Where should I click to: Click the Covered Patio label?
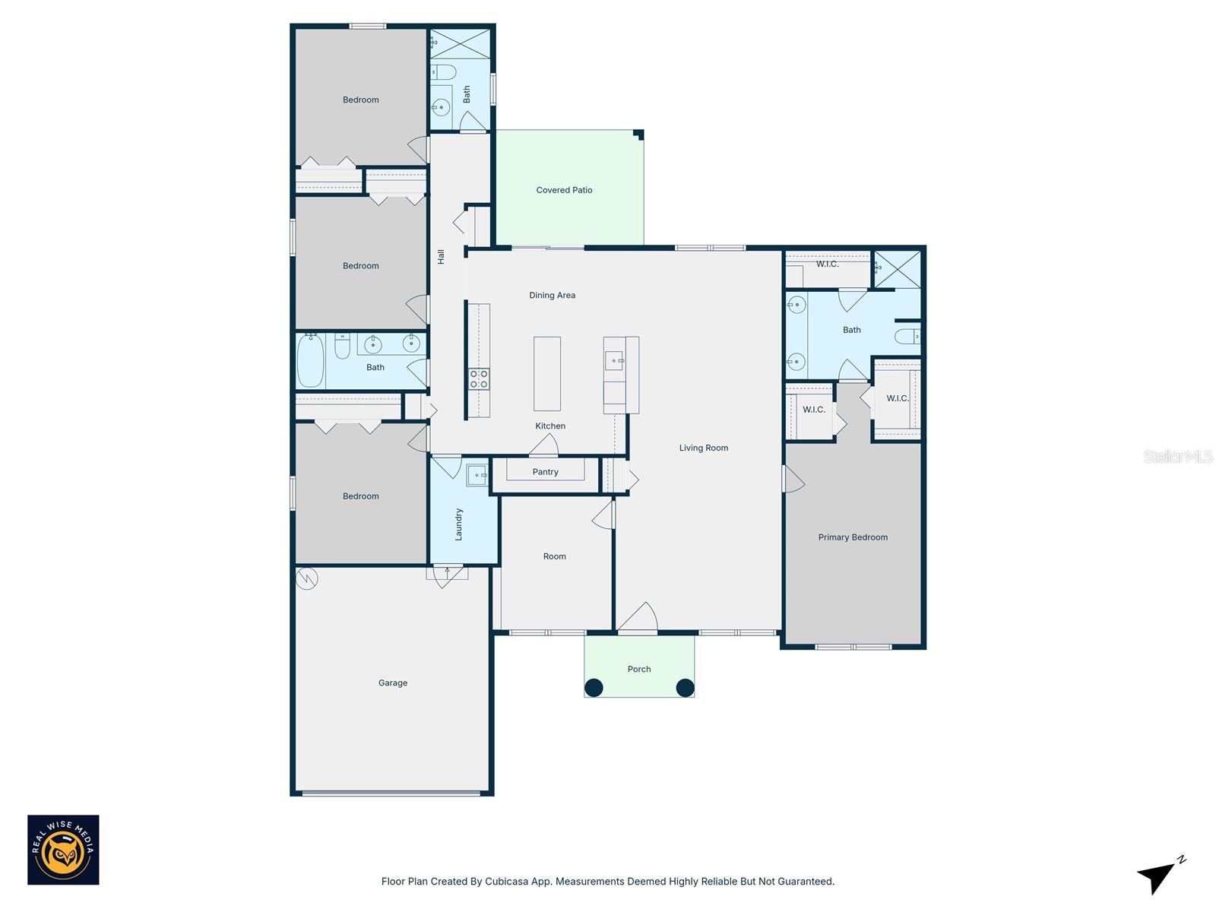564,190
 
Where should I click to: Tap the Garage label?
393,682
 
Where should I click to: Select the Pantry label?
545,472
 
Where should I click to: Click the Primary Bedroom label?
853,537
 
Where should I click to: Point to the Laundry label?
458,524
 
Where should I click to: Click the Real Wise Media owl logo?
63,850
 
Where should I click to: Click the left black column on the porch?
594,688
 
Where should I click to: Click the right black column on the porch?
685,688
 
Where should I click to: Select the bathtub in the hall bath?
310,361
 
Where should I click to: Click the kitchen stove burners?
479,378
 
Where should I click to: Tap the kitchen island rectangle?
547,374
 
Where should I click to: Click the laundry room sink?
477,475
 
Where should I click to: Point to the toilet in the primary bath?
907,336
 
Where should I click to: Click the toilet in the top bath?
443,73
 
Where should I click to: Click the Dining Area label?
552,295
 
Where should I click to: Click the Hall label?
441,257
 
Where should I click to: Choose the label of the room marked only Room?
554,556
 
